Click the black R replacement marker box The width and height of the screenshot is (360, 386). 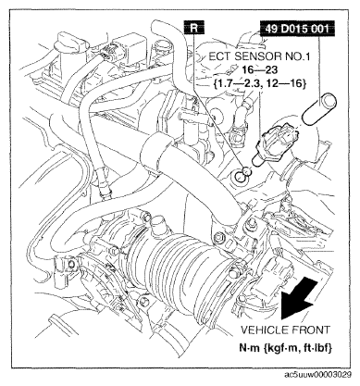pos(193,28)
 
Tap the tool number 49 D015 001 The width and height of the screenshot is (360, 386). pos(297,29)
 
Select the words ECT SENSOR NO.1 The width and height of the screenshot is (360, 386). pos(259,56)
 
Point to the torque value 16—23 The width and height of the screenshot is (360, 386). pos(259,70)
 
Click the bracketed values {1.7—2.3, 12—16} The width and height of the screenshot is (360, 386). pos(259,83)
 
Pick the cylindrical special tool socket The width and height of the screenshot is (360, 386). pos(319,110)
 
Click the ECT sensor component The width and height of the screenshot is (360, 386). pos(276,144)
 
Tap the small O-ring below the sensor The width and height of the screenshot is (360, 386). pos(247,170)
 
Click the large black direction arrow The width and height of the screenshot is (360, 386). pos(299,299)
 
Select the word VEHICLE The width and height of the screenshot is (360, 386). pos(264,330)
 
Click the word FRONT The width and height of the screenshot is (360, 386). pos(310,330)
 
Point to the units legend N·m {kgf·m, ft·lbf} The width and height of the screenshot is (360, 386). pos(286,348)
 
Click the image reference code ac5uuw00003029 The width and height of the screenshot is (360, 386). pos(317,375)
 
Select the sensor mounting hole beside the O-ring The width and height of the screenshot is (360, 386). pos(240,178)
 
